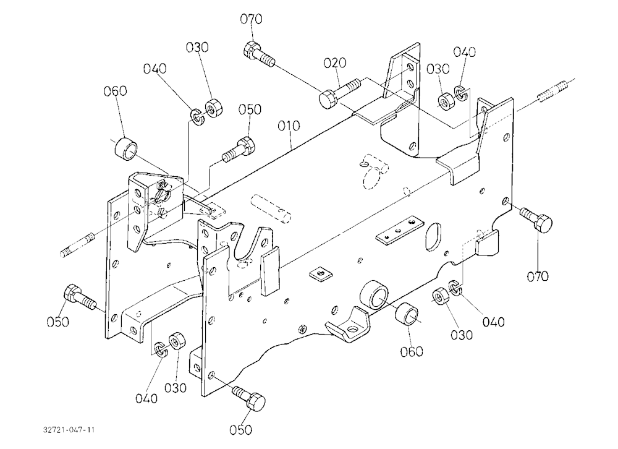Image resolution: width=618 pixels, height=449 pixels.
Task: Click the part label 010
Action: pos(289,126)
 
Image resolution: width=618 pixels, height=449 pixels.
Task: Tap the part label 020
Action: pos(335,62)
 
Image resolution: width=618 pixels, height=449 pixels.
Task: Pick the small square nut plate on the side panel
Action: pos(320,272)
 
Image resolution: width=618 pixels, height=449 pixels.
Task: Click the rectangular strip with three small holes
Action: pos(399,230)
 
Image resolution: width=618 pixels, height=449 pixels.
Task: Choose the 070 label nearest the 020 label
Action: pos(252,19)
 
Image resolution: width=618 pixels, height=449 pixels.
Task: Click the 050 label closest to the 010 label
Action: pos(250,109)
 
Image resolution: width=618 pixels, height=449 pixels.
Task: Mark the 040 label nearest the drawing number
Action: pos(146,398)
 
